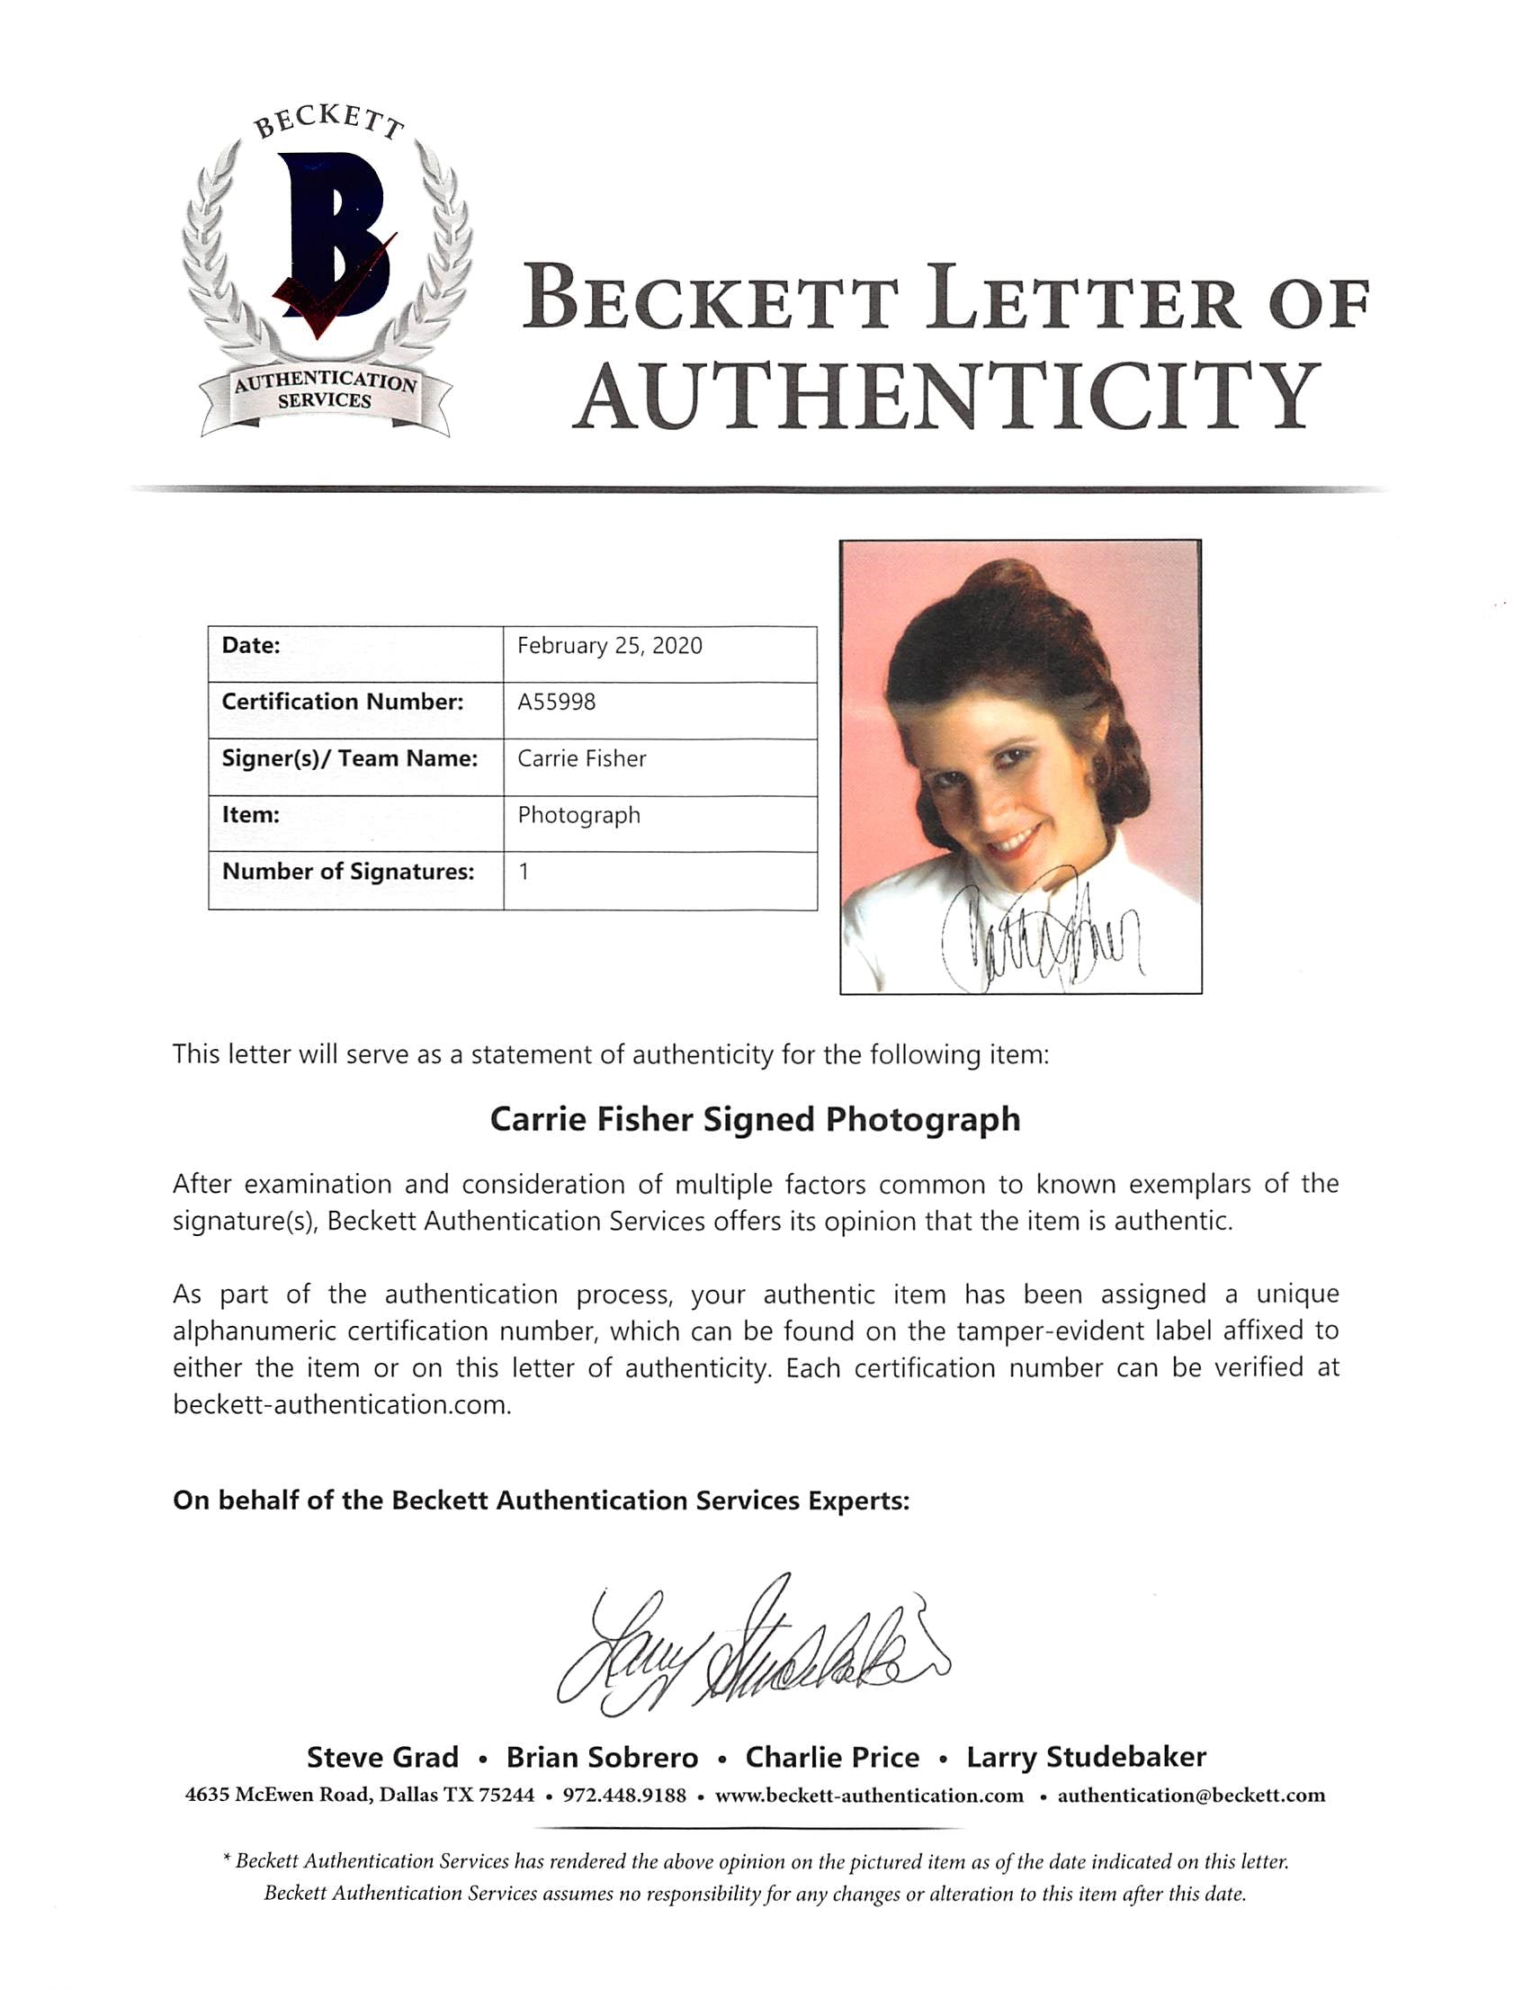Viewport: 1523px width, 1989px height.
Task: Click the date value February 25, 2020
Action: click(x=609, y=646)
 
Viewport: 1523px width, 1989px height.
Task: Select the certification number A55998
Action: click(x=557, y=702)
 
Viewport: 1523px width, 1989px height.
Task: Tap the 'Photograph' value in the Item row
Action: click(x=578, y=815)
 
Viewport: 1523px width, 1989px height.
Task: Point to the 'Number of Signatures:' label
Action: click(x=348, y=871)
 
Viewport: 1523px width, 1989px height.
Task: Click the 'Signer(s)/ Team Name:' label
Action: click(x=349, y=757)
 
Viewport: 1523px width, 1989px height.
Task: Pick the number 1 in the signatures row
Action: click(x=524, y=871)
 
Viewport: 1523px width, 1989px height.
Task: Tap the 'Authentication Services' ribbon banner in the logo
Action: click(x=325, y=391)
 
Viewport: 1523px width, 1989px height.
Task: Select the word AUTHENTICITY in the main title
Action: click(x=946, y=396)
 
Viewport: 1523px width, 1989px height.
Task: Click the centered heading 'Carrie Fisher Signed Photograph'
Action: click(x=755, y=1120)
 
